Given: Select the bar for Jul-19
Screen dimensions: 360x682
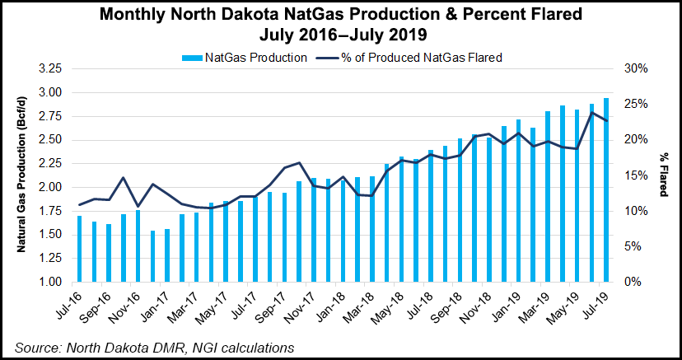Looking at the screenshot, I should pyautogui.click(x=606, y=189).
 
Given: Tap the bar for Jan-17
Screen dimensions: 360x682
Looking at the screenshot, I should pyautogui.click(x=152, y=256).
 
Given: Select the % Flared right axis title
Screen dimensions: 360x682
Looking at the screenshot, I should pyautogui.click(x=665, y=175).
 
